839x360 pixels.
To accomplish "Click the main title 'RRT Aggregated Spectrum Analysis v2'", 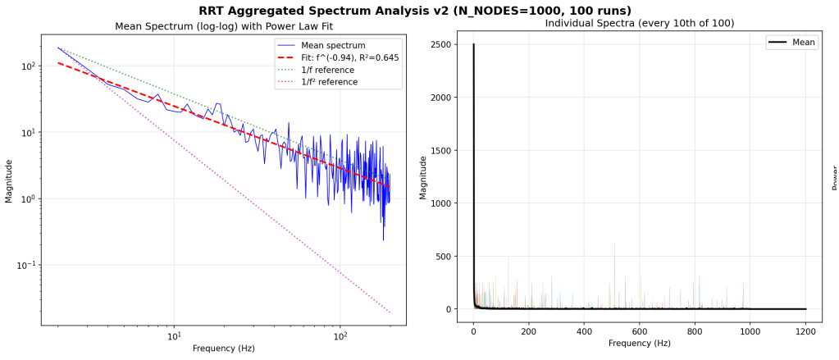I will (x=414, y=11).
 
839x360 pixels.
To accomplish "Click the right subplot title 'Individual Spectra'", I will (x=639, y=23).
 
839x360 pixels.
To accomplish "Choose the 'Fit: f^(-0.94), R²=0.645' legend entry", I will (x=349, y=57).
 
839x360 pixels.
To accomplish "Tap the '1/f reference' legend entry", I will (x=327, y=70).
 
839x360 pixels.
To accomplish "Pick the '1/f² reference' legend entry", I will (x=329, y=82).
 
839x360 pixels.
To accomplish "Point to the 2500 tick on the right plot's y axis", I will (x=440, y=44).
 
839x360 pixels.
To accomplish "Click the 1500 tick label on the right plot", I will (x=440, y=150).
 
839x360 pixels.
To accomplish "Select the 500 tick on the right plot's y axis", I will (x=444, y=256).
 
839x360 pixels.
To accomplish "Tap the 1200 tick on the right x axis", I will (x=806, y=332).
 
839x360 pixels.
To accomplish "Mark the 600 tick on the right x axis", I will (x=640, y=332).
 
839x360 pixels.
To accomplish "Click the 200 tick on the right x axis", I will (x=528, y=332).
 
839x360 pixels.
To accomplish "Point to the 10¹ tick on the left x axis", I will (x=174, y=335).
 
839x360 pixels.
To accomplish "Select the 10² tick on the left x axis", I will (x=340, y=335).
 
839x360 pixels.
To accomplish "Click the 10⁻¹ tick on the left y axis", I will (x=25, y=265).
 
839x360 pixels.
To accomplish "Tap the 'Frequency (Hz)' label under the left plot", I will (x=223, y=349).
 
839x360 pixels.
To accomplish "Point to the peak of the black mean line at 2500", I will (x=473, y=44).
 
